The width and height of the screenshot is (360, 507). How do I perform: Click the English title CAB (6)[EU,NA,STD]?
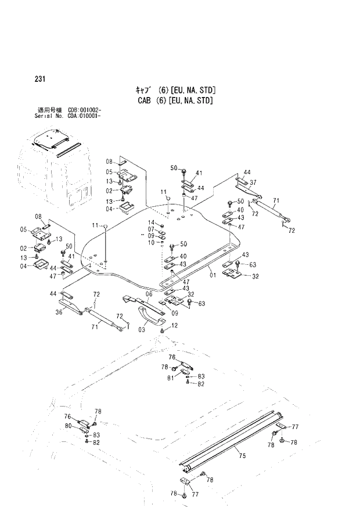click(x=173, y=100)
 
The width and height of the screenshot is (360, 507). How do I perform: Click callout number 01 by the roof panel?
click(x=213, y=274)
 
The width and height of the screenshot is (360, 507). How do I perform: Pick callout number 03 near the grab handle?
click(x=142, y=330)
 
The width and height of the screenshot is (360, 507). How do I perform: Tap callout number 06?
click(x=149, y=294)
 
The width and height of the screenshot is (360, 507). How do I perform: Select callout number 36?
click(x=59, y=312)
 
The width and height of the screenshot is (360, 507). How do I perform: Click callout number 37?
click(x=253, y=181)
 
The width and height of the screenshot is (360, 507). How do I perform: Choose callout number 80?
click(x=69, y=426)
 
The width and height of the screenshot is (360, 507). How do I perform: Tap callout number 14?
click(x=150, y=223)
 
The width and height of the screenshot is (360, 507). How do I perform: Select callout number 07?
click(x=150, y=229)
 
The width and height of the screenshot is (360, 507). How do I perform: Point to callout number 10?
click(x=150, y=242)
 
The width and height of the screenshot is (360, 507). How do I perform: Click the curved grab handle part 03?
click(x=152, y=318)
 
